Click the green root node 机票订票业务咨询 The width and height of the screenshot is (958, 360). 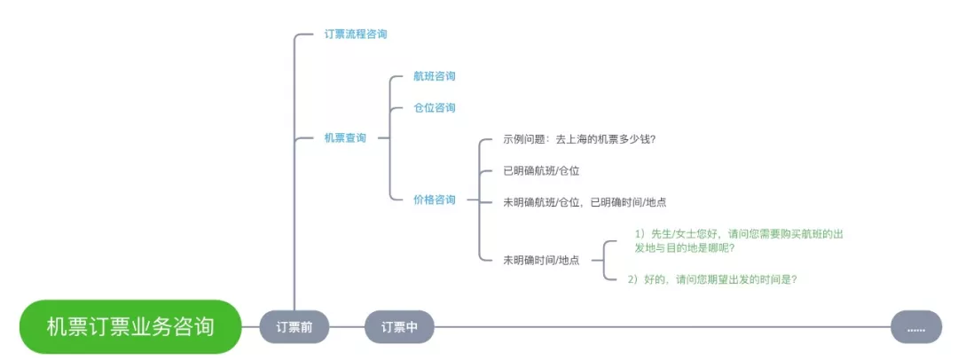(130, 326)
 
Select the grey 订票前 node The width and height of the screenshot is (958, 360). (294, 327)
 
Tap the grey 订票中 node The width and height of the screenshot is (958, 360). (399, 327)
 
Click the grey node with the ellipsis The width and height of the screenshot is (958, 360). (916, 327)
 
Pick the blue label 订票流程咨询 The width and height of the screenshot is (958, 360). (355, 34)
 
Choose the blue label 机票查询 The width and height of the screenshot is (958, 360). (345, 138)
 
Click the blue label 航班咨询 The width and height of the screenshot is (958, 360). (435, 76)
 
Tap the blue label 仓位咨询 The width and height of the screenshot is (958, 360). (435, 107)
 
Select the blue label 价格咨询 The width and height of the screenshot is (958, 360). (435, 200)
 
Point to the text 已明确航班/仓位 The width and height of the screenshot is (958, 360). (541, 170)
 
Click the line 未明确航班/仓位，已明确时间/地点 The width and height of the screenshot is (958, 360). (585, 202)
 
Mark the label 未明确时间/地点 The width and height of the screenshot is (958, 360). (541, 260)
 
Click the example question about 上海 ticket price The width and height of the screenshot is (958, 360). (578, 139)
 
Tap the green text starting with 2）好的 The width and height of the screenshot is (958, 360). (712, 279)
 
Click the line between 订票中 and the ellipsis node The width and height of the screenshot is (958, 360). (661, 327)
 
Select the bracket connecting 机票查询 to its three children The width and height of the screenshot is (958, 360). (390, 138)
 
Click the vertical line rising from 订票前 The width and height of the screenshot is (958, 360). (294, 177)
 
